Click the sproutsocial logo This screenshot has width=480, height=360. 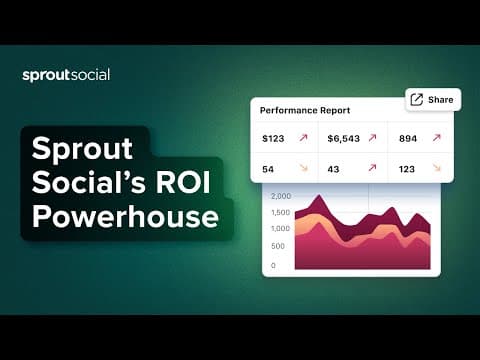[66, 75]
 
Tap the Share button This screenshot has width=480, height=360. [433, 100]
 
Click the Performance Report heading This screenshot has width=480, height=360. [305, 110]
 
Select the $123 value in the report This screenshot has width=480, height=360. [273, 138]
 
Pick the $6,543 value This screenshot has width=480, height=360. [343, 138]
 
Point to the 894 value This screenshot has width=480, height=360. [408, 138]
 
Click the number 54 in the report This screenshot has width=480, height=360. [268, 169]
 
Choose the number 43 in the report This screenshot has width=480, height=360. [333, 169]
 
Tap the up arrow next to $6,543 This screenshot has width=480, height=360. [372, 137]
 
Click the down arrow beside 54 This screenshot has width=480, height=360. [303, 168]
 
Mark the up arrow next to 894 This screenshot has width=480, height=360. [437, 137]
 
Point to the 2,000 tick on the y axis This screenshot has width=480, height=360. [281, 196]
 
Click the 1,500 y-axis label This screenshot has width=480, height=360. [280, 212]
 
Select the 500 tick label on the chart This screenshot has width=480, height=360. [278, 246]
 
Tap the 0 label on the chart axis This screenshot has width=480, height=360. [273, 266]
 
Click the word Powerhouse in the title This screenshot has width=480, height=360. [125, 217]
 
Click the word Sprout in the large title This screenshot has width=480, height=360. [82, 149]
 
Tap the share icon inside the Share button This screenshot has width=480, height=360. [417, 99]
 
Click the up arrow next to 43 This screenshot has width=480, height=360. [372, 168]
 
